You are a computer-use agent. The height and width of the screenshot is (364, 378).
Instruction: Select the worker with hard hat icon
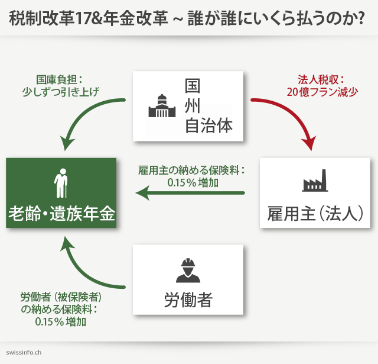188,270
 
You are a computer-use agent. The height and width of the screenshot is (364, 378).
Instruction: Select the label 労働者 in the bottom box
188,299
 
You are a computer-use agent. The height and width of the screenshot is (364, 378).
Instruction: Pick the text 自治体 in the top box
208,126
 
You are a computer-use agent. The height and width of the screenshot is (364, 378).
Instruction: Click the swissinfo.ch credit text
24,352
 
